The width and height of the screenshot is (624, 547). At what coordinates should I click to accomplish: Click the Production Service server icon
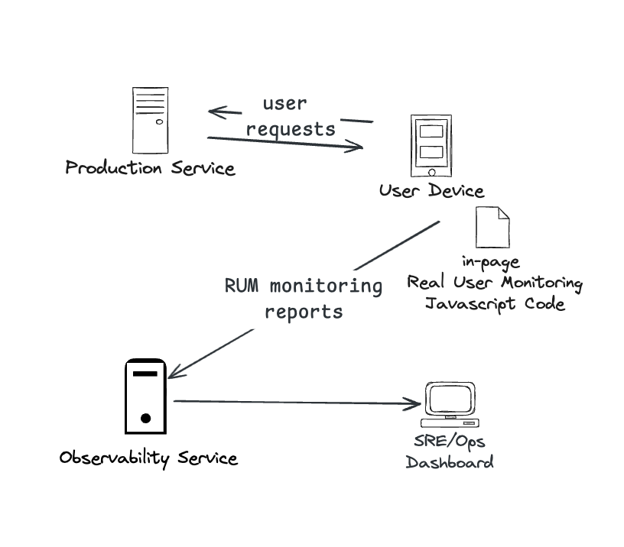click(x=150, y=120)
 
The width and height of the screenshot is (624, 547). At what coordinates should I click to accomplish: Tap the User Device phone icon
click(x=428, y=146)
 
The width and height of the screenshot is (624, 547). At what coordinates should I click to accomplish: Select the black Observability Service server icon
click(x=145, y=396)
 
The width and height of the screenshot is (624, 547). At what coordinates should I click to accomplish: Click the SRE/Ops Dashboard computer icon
click(x=450, y=404)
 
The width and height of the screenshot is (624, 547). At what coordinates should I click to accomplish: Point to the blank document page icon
click(x=492, y=227)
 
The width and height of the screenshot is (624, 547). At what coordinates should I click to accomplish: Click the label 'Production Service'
click(x=150, y=168)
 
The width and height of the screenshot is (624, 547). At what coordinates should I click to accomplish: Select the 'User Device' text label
click(x=431, y=191)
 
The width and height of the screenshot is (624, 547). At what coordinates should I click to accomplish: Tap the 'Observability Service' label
click(x=148, y=458)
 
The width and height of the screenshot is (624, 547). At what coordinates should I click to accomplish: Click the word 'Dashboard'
click(x=450, y=462)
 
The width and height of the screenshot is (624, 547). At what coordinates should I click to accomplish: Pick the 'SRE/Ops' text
click(x=450, y=442)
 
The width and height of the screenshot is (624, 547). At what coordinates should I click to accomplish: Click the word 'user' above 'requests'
click(x=284, y=103)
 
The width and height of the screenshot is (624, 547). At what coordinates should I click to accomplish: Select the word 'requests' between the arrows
click(x=291, y=128)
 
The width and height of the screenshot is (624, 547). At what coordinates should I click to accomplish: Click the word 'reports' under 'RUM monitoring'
click(x=304, y=312)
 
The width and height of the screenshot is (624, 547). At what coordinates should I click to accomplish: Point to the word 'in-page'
click(x=490, y=262)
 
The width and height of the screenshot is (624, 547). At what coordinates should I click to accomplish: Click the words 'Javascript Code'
click(x=495, y=303)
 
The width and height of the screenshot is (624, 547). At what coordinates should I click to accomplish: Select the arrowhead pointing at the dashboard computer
click(x=414, y=403)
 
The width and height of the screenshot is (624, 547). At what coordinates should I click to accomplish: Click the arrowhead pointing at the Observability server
click(x=174, y=372)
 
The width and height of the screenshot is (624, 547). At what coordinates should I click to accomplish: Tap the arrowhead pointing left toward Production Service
click(x=215, y=113)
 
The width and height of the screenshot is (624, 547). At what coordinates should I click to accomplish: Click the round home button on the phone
click(x=428, y=171)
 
